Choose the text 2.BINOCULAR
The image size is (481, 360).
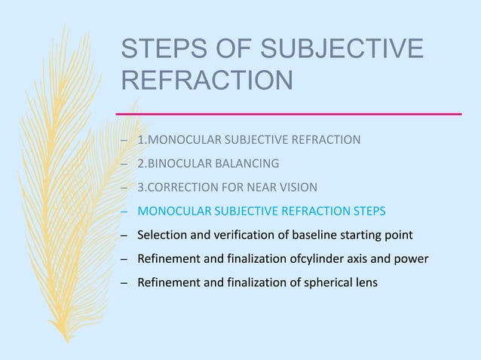[x=170, y=163]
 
